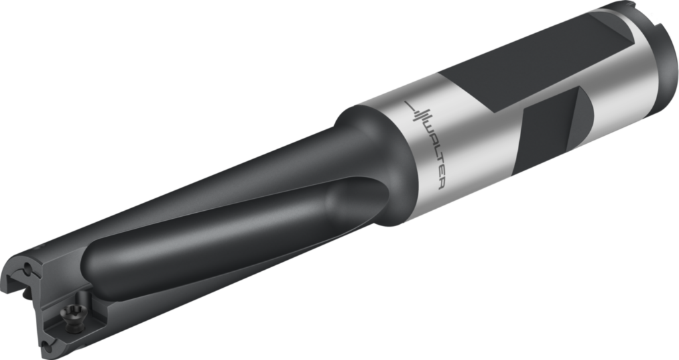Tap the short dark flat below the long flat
(x=550, y=130)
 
